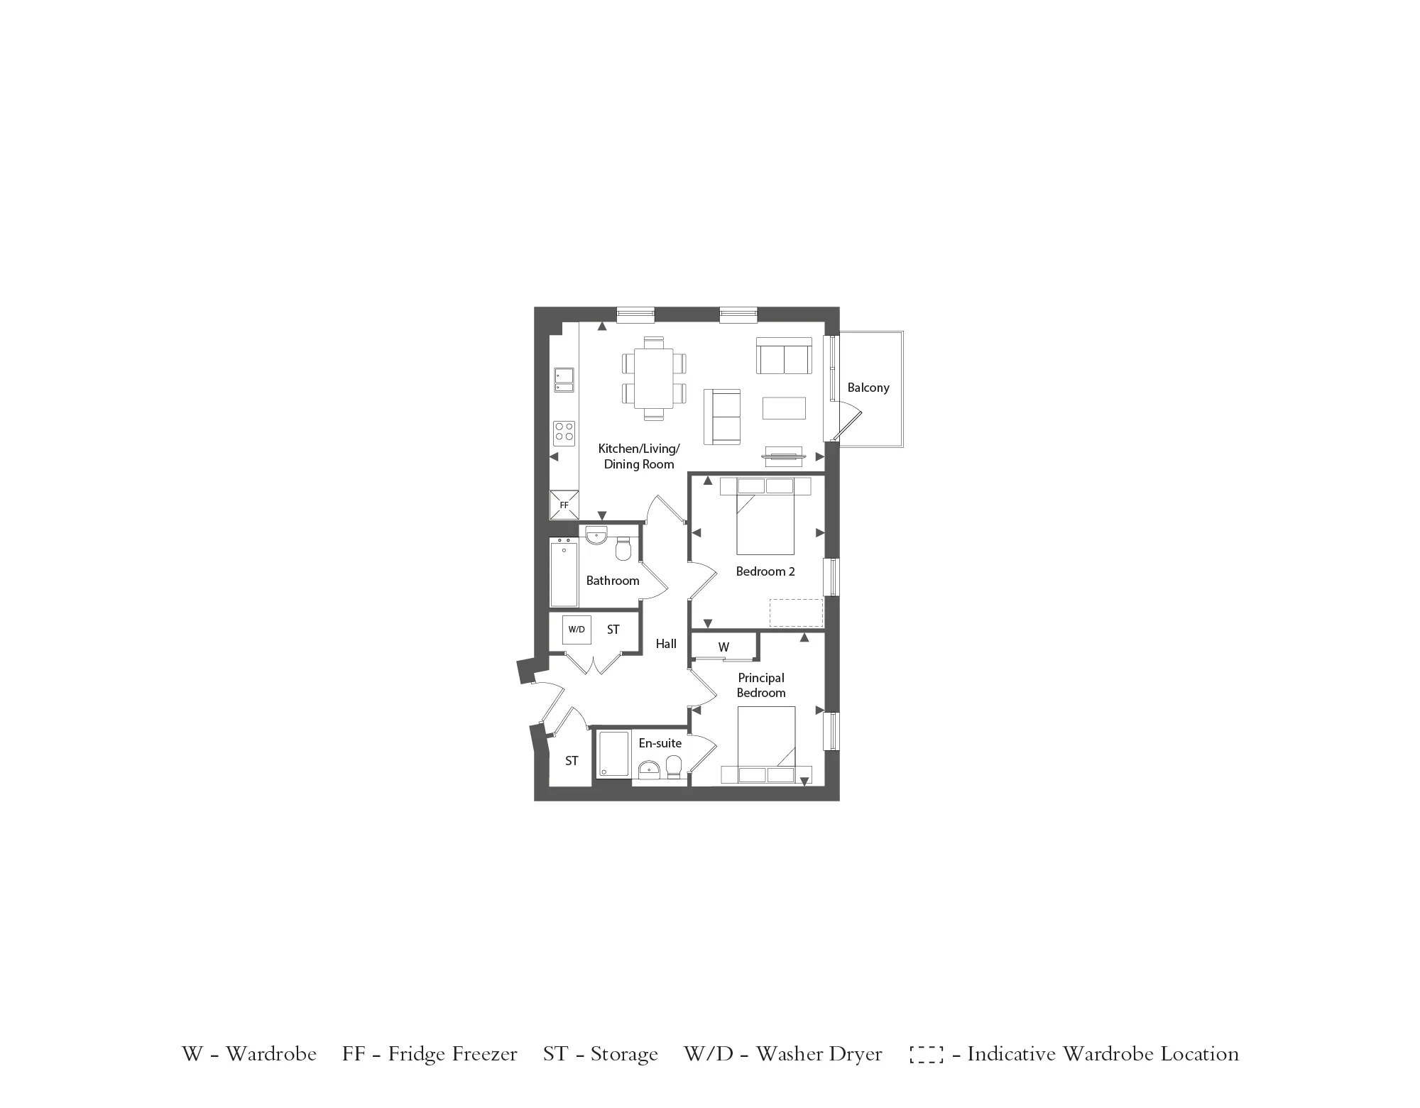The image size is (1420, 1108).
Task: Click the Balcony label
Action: click(x=868, y=388)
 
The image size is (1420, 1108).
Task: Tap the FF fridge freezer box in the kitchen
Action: click(x=564, y=505)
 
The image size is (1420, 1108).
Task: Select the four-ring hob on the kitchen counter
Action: click(x=564, y=432)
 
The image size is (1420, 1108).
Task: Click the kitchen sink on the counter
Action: click(x=564, y=379)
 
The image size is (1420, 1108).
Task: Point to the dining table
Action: click(x=654, y=378)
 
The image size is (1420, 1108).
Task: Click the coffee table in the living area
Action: click(x=784, y=408)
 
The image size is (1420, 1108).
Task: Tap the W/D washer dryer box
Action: click(x=577, y=630)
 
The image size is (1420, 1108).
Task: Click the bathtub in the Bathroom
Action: click(x=564, y=571)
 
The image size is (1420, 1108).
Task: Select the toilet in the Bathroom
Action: click(x=623, y=550)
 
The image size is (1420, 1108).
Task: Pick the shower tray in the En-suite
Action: click(x=613, y=753)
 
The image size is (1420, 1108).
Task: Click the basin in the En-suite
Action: click(x=649, y=769)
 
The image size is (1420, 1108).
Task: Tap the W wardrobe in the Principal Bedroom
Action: click(x=723, y=647)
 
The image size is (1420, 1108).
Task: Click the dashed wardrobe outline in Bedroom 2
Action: click(x=796, y=613)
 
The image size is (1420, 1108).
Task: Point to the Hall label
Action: click(x=666, y=644)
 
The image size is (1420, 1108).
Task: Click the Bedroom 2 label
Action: click(x=765, y=571)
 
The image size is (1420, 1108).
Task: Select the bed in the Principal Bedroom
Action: click(x=765, y=738)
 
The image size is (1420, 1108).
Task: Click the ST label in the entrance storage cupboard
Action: click(x=572, y=761)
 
